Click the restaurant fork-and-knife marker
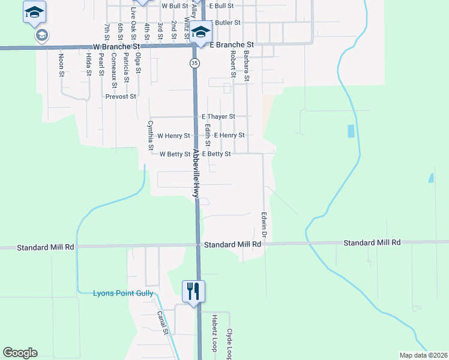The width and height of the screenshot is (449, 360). [x=193, y=292]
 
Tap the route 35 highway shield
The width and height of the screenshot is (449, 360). [x=194, y=62]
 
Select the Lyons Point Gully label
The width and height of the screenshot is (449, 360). [x=123, y=293]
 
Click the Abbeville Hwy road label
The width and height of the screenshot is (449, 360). [x=196, y=174]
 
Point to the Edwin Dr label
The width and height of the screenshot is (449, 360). [x=263, y=227]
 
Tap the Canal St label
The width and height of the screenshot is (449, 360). [x=163, y=322]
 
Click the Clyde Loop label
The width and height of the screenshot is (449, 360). [x=229, y=343]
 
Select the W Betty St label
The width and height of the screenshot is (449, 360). [x=175, y=154]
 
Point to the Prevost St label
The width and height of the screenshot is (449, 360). [x=121, y=96]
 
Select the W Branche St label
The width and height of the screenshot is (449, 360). [x=116, y=46]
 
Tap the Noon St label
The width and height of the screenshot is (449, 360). [x=61, y=66]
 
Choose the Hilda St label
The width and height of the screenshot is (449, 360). [x=88, y=65]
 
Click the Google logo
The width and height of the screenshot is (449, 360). [x=20, y=353]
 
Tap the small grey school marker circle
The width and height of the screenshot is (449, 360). [x=41, y=35]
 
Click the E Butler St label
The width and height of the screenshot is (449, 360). [x=224, y=22]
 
